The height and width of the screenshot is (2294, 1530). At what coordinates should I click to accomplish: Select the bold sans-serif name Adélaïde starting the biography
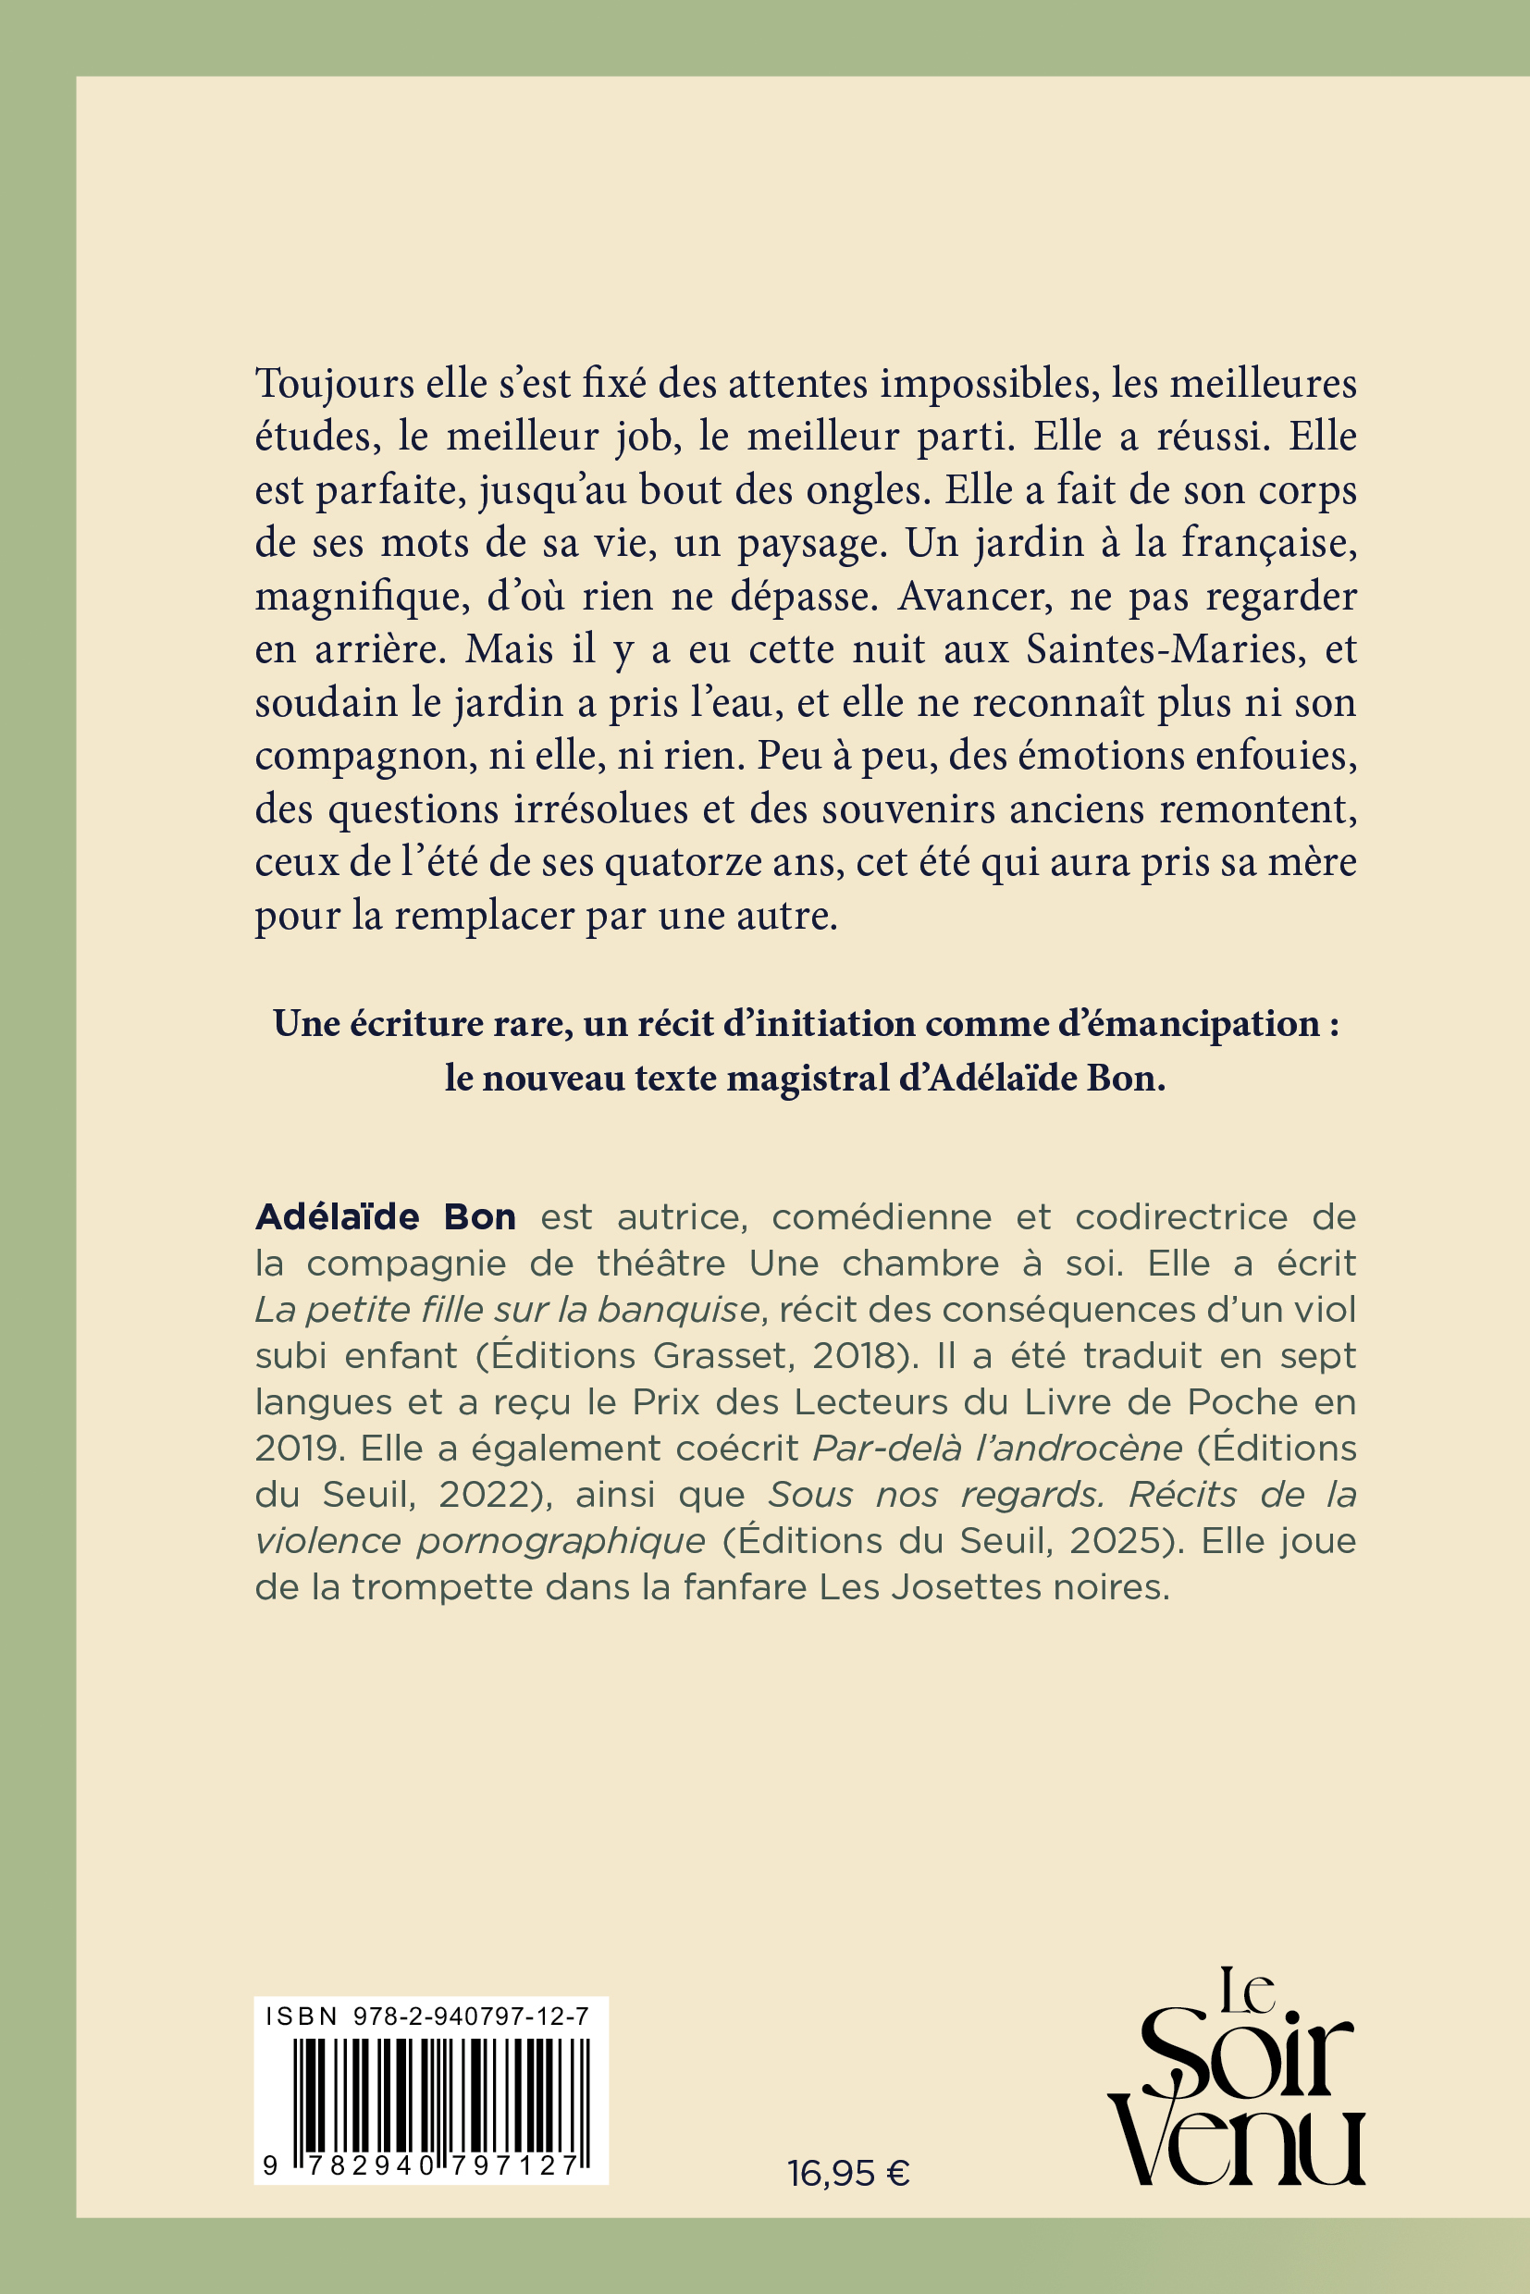tap(337, 1216)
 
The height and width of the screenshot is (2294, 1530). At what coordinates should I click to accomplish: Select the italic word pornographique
tap(561, 1540)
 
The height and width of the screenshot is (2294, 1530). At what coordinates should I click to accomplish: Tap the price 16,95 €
tap(849, 2174)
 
